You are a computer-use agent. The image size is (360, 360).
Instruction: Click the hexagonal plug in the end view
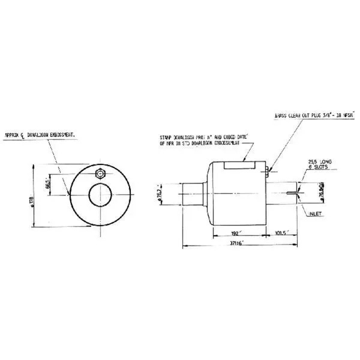100,173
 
